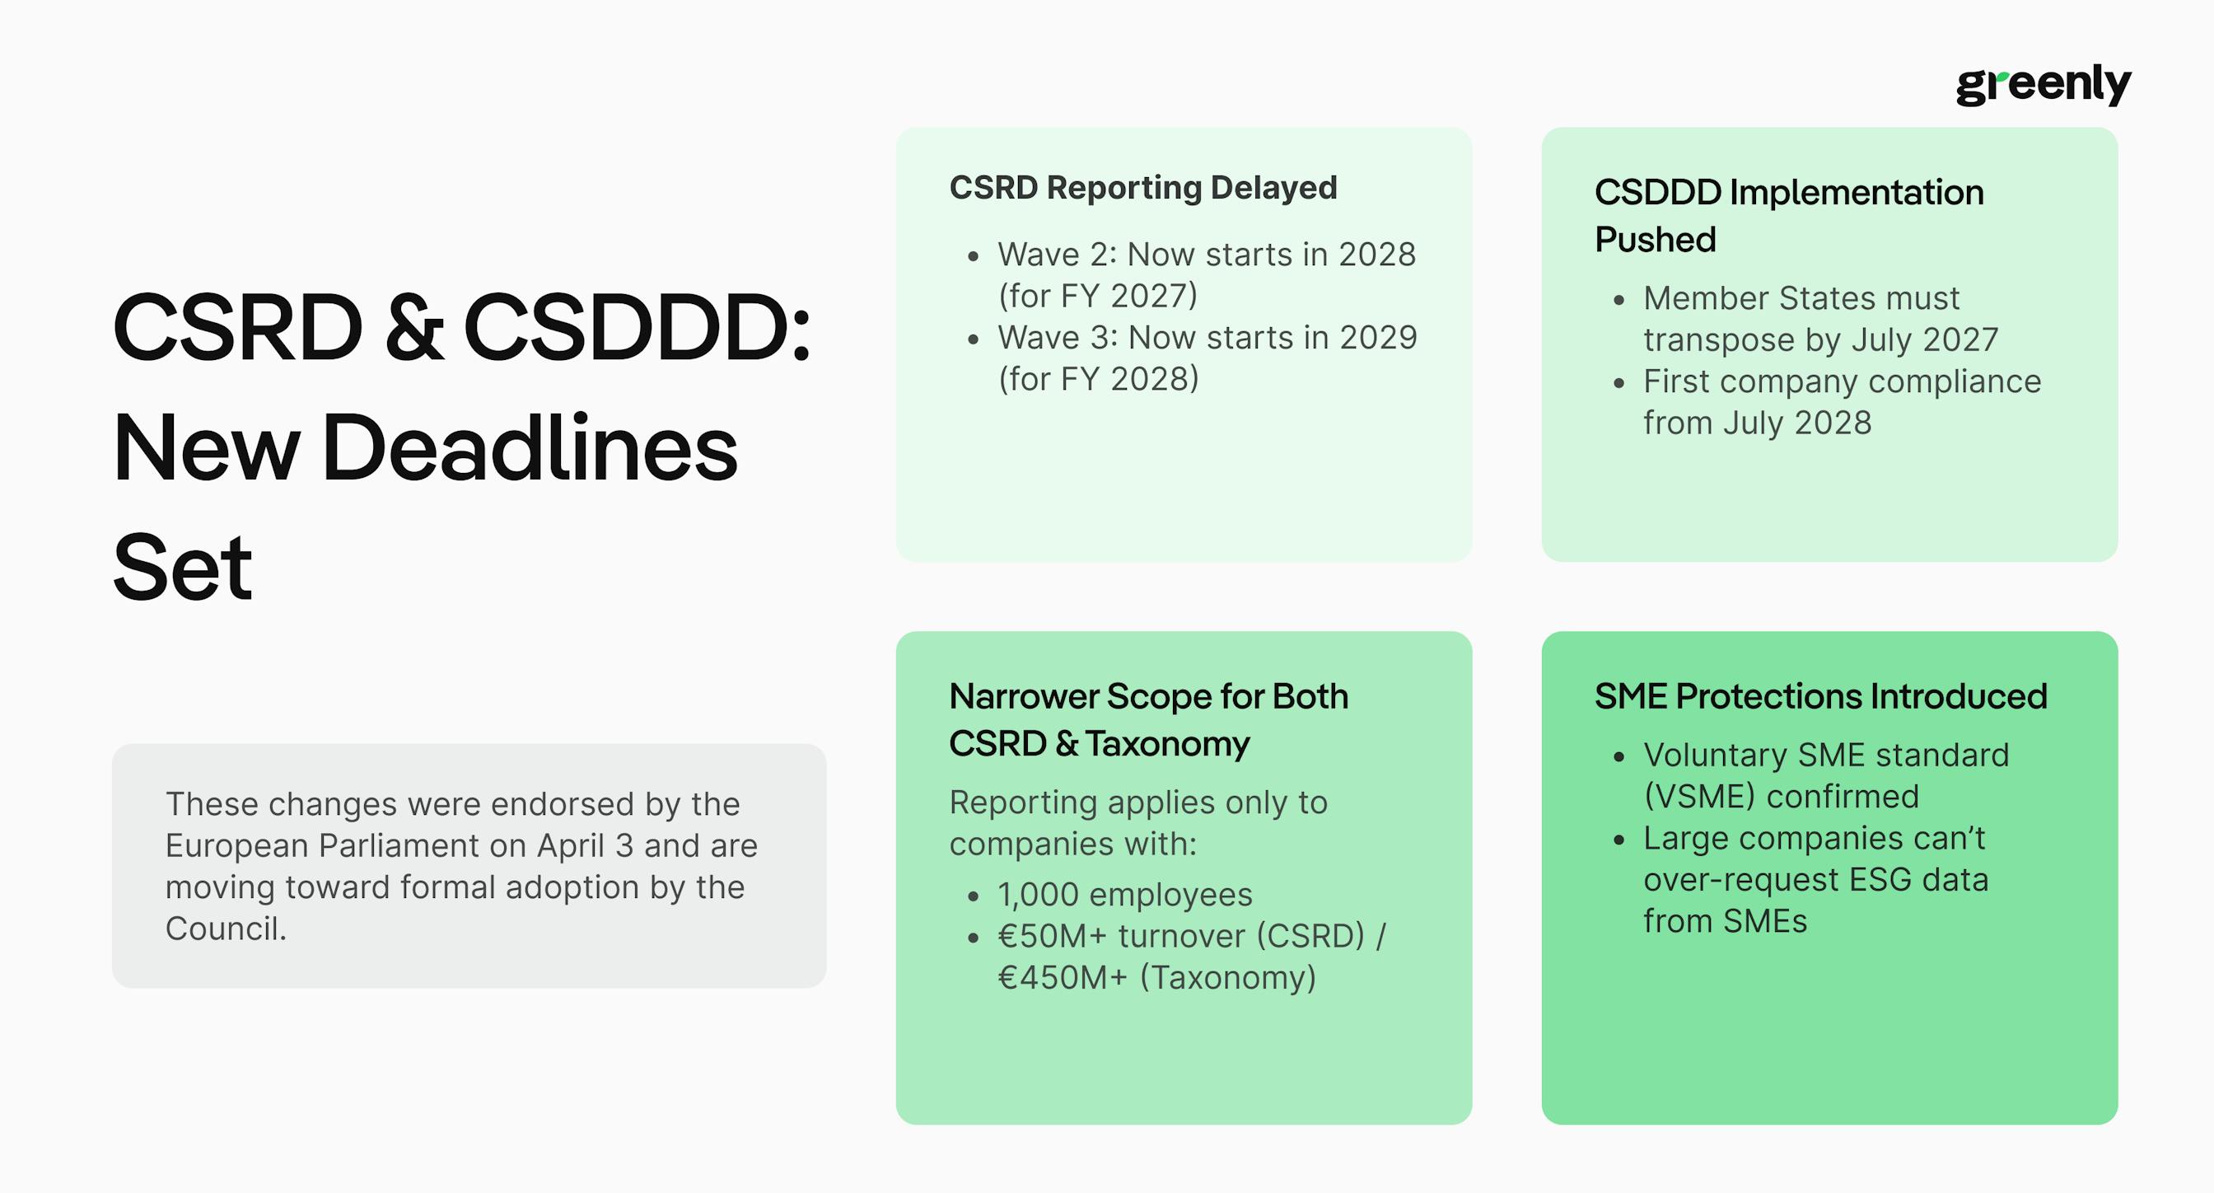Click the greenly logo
2043,84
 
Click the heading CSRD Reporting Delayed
1143,187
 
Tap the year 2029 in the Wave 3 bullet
1378,338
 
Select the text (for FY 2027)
1098,296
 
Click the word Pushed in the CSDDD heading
1656,240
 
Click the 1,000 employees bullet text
1125,895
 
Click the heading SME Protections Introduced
1821,696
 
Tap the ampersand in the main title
414,327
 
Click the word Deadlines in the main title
530,448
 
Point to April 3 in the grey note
586,846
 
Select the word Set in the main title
182,568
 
